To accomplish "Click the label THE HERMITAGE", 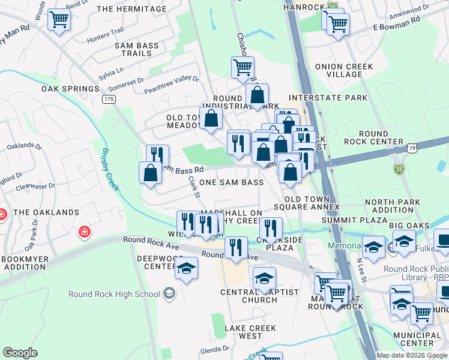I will pos(131,9).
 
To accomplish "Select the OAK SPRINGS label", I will pos(70,89).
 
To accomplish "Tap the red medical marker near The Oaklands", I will pos(85,232).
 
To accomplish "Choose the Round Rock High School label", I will pos(114,293).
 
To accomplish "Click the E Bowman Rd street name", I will pos(397,28).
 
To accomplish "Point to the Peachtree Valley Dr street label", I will pos(171,85).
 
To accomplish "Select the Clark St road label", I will pos(193,187).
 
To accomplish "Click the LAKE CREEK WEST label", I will pos(250,332).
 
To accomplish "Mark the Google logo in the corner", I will pos(20,353).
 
